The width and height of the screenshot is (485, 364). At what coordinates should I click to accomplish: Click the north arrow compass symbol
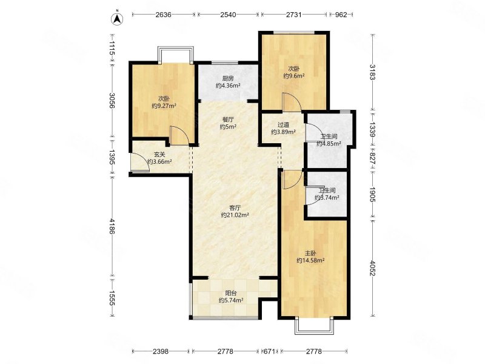pyautogui.click(x=117, y=18)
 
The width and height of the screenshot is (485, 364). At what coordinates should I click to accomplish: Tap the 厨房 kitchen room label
pyautogui.click(x=228, y=79)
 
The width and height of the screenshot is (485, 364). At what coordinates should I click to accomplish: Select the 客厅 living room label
pyautogui.click(x=235, y=207)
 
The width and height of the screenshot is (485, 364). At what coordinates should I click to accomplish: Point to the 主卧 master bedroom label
pyautogui.click(x=310, y=253)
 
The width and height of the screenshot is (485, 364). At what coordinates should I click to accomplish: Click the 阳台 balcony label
pyautogui.click(x=231, y=293)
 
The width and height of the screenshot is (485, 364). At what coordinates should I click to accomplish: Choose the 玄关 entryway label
pyautogui.click(x=159, y=155)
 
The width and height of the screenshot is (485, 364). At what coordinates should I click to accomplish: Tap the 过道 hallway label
pyautogui.click(x=283, y=125)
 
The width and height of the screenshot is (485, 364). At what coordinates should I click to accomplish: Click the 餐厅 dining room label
pyautogui.click(x=229, y=120)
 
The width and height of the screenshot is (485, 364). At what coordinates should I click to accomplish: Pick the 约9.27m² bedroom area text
pyautogui.click(x=164, y=106)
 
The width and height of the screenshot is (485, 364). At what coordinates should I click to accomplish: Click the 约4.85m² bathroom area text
pyautogui.click(x=329, y=144)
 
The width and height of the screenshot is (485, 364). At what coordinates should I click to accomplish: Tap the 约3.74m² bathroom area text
pyautogui.click(x=327, y=198)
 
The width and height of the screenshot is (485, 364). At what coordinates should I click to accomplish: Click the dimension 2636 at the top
pyautogui.click(x=163, y=15)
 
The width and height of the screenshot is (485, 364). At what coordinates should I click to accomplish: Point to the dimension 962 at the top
pyautogui.click(x=341, y=15)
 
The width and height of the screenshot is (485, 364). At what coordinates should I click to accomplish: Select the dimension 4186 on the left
pyautogui.click(x=112, y=226)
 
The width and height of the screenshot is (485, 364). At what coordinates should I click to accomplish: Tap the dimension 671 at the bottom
pyautogui.click(x=269, y=351)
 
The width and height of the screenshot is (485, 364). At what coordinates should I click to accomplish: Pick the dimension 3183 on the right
pyautogui.click(x=372, y=72)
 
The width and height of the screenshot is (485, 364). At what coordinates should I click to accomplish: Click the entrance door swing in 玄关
pyautogui.click(x=140, y=162)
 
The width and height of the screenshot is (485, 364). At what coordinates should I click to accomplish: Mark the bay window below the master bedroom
pyautogui.click(x=315, y=326)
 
